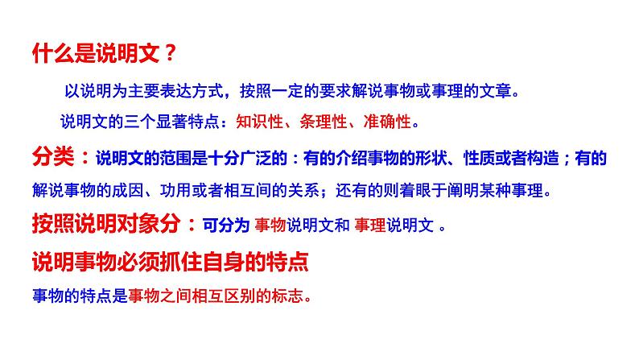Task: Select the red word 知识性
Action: pyautogui.click(x=258, y=122)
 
